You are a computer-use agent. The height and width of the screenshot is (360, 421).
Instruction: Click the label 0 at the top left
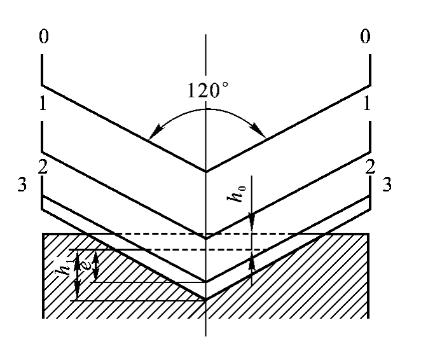[x=44, y=36]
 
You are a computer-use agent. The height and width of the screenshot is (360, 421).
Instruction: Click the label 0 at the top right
[x=365, y=36]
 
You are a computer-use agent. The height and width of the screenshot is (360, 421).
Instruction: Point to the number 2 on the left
[x=43, y=167]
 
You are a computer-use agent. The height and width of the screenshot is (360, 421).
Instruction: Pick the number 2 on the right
[x=370, y=167]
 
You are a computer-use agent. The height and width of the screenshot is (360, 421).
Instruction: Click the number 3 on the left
[x=22, y=184]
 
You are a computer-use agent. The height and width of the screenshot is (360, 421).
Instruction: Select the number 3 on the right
[x=387, y=184]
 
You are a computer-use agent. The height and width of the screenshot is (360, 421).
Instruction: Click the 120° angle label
[x=208, y=90]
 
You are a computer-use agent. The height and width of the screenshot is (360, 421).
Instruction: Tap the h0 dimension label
[x=237, y=193]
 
